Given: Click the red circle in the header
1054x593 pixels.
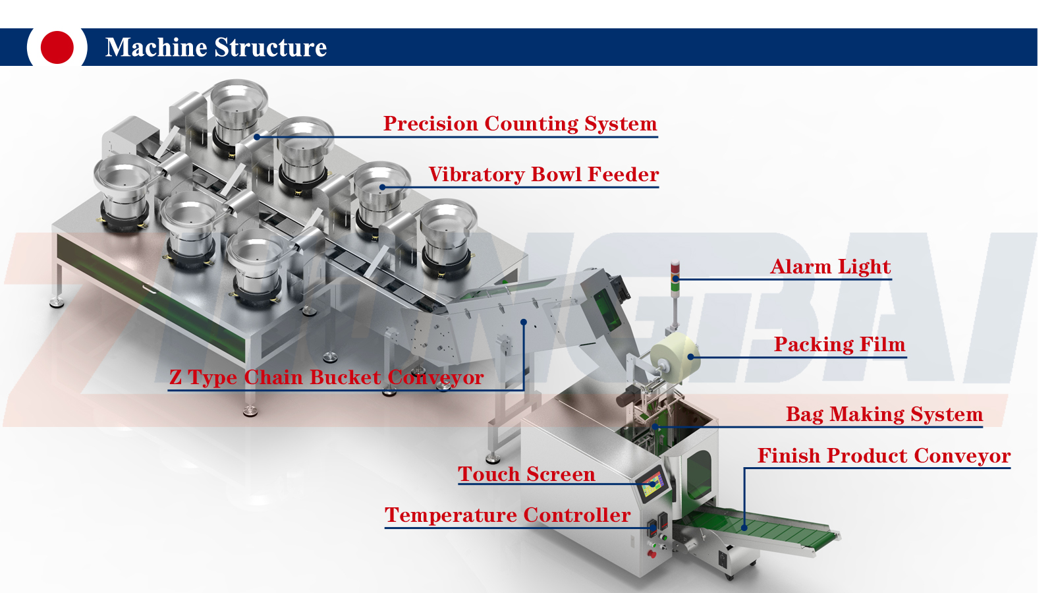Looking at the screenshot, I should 57,47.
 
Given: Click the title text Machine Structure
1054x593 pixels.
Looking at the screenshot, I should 216,47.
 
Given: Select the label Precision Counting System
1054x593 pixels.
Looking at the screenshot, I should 520,124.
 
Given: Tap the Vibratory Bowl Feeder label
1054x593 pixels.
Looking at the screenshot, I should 543,175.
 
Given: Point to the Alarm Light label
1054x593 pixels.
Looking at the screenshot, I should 830,267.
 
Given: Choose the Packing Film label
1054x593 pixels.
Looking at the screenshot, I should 839,345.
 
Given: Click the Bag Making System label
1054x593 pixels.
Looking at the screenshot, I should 884,414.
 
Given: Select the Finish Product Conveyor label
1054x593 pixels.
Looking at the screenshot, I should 883,456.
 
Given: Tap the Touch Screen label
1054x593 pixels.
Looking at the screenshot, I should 526,474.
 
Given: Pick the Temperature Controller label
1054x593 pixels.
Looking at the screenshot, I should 507,515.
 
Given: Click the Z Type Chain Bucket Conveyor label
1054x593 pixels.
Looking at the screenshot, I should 326,378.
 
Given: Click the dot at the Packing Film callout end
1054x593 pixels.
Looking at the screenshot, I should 690,357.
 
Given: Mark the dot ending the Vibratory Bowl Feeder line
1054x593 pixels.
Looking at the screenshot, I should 382,187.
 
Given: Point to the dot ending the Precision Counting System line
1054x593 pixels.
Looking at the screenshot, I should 257,137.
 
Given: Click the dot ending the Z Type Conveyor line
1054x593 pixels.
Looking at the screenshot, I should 524,322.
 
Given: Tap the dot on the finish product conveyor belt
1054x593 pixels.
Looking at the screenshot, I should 744,527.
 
